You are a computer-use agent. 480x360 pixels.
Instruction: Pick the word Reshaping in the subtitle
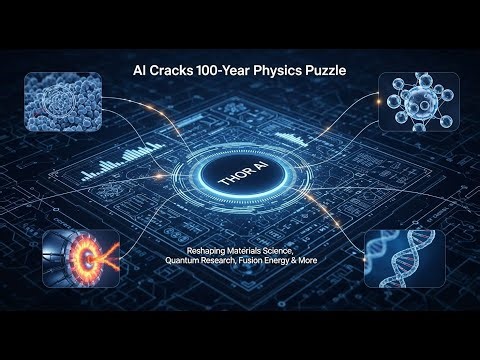pos(207,250)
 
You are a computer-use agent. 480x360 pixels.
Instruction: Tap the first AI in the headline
pos(142,73)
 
